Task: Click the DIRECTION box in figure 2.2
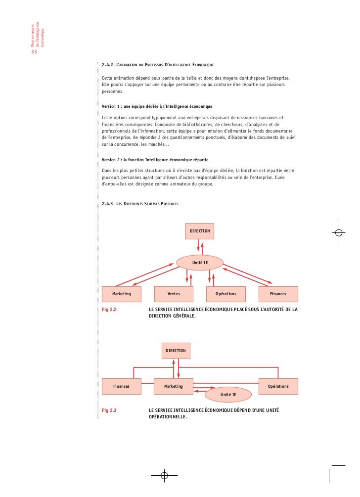[x=200, y=231]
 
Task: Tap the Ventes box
[x=174, y=294]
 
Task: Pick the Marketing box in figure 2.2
[x=122, y=294]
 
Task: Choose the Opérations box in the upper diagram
[x=225, y=294]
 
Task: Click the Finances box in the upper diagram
[x=278, y=294]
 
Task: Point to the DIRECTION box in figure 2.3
[x=176, y=351]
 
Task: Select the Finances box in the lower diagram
[x=122, y=386]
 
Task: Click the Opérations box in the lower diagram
[x=278, y=386]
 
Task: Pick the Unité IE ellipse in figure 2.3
[x=228, y=395]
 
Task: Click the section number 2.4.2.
[x=108, y=65]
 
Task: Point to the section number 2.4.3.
[x=108, y=204]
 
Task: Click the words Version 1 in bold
[x=113, y=106]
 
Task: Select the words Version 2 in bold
[x=113, y=160]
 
